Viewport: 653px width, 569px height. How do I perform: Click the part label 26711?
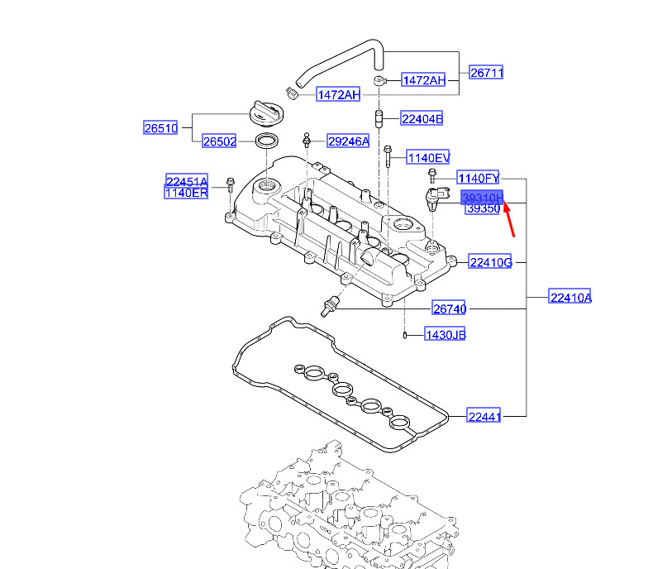tap(487, 73)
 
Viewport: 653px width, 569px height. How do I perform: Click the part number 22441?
tap(484, 417)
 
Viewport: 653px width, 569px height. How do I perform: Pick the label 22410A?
tap(570, 298)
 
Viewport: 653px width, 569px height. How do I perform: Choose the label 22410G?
tap(490, 262)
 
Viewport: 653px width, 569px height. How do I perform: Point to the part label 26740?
tap(450, 309)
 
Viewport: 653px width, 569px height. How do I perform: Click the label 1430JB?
tap(445, 335)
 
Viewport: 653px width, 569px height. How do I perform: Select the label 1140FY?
tap(479, 178)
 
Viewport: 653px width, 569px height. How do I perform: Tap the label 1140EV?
tap(428, 157)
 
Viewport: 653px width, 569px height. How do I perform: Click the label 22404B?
tap(422, 119)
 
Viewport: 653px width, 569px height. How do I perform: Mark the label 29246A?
tap(348, 141)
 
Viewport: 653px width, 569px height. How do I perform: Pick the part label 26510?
tap(161, 128)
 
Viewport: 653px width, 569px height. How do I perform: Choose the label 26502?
tap(220, 141)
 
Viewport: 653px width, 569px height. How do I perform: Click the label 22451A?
tap(187, 182)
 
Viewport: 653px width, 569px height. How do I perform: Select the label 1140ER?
tap(187, 193)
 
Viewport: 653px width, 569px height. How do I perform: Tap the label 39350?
tap(482, 209)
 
